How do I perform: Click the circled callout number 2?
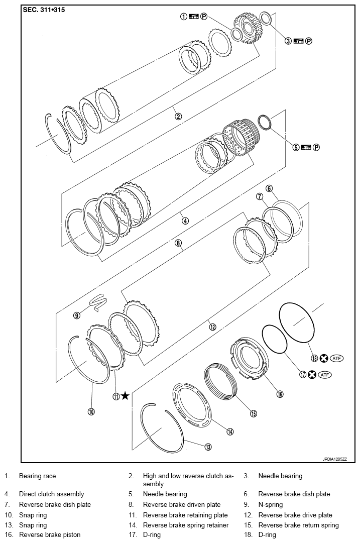click(178, 116)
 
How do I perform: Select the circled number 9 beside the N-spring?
click(77, 315)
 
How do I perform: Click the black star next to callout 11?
click(125, 396)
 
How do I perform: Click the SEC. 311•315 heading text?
click(44, 10)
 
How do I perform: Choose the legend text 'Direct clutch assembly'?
click(51, 494)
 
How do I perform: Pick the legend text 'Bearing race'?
click(37, 476)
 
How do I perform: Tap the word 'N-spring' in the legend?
click(270, 504)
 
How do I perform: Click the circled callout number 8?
click(178, 243)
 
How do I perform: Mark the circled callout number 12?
click(212, 327)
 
